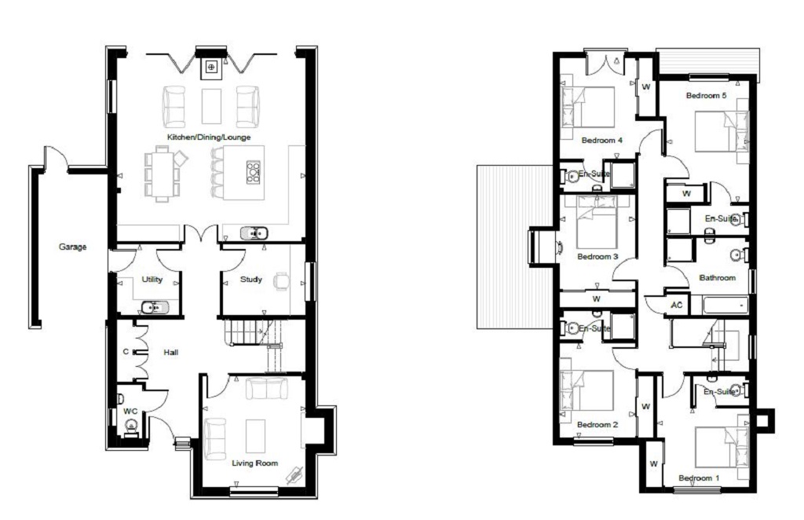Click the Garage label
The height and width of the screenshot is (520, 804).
(72, 247)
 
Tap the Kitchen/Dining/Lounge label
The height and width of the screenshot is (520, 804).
(209, 137)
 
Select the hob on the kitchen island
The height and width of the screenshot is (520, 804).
(254, 172)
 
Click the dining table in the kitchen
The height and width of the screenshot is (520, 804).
(162, 174)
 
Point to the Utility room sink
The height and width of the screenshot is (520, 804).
(155, 307)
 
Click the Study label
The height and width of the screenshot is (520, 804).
(250, 280)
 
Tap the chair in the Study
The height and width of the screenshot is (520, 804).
(282, 281)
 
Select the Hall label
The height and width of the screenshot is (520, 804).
(170, 353)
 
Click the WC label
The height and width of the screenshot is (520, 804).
(130, 411)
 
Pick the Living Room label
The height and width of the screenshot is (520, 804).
(255, 463)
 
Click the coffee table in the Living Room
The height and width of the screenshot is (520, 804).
(255, 436)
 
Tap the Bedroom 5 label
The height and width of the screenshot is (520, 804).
(706, 95)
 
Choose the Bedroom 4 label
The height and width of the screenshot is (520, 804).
(602, 140)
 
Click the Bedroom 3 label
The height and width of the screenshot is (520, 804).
(598, 256)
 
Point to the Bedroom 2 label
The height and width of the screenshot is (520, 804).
(598, 425)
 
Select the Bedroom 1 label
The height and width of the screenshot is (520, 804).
(699, 478)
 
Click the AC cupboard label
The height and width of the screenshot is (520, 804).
(676, 305)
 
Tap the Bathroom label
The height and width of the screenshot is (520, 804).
(718, 277)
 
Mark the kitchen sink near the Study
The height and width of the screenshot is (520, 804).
(254, 233)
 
